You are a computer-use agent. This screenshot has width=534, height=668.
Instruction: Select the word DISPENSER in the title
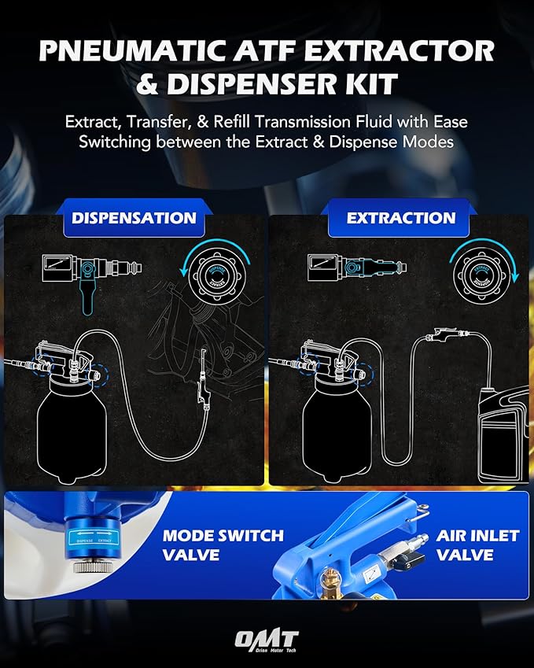(x=259, y=84)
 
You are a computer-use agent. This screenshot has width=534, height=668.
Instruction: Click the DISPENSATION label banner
(x=134, y=218)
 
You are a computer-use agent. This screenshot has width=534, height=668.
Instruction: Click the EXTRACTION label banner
(x=401, y=218)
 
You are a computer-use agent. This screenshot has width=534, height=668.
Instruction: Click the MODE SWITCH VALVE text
(x=223, y=545)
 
